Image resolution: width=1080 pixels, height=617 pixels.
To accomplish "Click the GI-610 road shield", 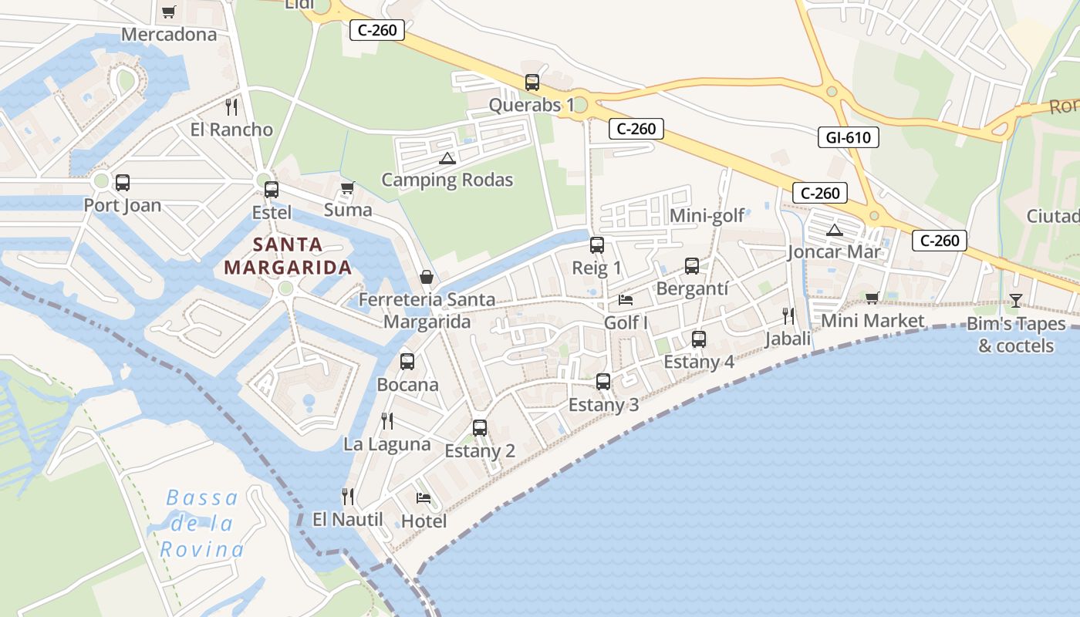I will click(848, 138).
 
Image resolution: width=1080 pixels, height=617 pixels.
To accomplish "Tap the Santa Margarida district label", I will click(288, 256).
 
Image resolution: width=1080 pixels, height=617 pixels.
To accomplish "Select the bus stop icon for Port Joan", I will click(122, 183).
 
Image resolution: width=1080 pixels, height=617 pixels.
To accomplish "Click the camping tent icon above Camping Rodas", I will click(447, 159).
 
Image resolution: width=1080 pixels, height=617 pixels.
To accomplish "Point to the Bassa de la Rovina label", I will click(202, 524).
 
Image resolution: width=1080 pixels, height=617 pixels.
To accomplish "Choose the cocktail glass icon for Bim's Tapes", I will click(1015, 301).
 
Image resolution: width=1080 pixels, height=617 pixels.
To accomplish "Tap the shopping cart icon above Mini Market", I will click(872, 298).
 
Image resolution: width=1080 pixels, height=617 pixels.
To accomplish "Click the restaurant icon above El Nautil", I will click(348, 496).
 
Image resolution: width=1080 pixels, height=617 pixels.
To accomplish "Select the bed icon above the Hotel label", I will click(424, 497).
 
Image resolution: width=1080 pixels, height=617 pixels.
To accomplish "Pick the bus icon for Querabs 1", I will click(532, 83).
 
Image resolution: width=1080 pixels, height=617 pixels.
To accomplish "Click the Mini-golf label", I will click(707, 215).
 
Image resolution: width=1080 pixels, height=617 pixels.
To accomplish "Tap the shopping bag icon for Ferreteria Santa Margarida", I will click(426, 277).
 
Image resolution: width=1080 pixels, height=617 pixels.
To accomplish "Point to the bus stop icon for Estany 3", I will click(603, 381).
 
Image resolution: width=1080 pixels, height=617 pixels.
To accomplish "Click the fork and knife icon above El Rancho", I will click(231, 106).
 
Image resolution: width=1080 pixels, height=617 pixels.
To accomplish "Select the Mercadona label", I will click(169, 35).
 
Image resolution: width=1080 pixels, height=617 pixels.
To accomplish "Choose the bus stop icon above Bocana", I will click(407, 361).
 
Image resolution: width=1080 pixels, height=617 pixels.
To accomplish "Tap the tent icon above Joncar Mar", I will click(835, 230).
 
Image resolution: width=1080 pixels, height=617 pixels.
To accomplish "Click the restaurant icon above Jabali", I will click(788, 315).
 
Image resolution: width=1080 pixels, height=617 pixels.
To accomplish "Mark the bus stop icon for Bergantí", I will click(692, 266).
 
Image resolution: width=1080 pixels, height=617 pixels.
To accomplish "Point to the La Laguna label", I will click(387, 444).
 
